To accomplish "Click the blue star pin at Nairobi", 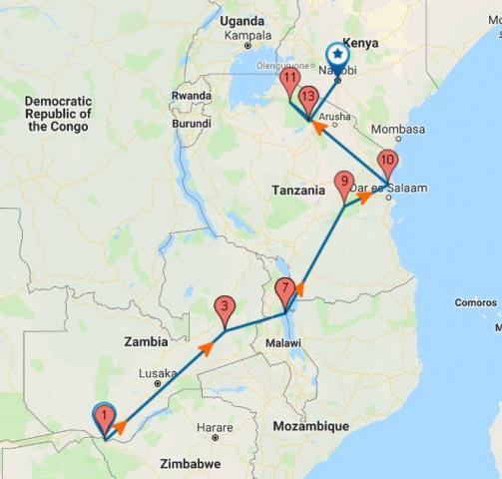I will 338,56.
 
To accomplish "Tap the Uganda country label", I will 244,21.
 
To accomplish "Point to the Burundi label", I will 192,124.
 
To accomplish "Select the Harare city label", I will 216,427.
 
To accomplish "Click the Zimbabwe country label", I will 189,464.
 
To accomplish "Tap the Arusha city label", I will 335,117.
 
